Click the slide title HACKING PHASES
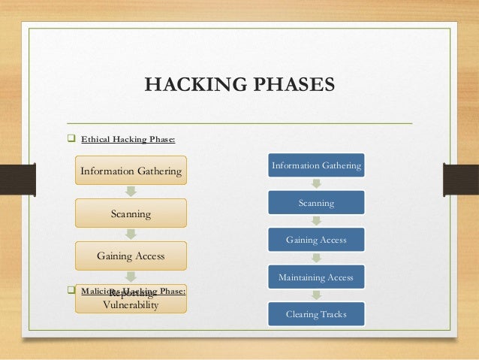coord(239,83)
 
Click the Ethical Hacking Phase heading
coord(128,139)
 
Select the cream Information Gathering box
coord(131,171)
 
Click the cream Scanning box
coord(131,213)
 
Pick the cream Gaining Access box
coord(131,256)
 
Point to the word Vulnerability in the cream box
coord(131,305)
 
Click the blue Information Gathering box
coord(316,165)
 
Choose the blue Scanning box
coord(316,203)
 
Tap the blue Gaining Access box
coord(316,240)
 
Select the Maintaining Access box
coord(316,277)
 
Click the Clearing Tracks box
coord(316,314)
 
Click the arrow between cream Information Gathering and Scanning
coord(131,192)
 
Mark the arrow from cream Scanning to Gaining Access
coord(131,234)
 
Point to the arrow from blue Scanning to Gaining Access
coord(316,221)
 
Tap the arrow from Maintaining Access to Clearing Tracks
coord(316,295)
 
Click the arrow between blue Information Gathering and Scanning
coord(316,184)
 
